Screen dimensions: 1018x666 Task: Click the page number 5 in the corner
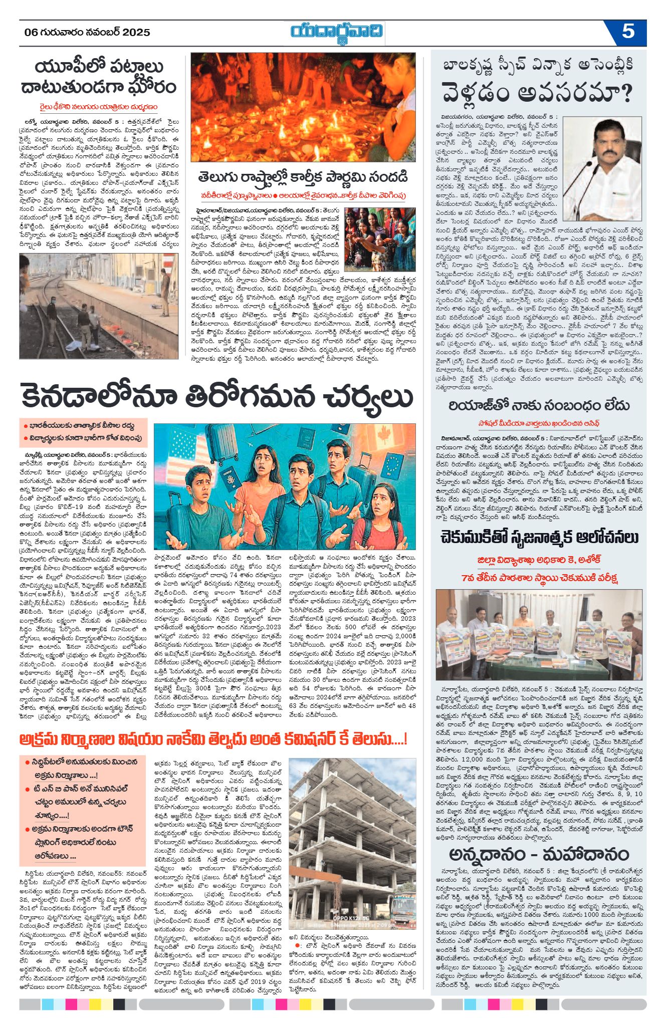[628, 32]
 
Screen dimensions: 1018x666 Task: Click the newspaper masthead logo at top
[337, 33]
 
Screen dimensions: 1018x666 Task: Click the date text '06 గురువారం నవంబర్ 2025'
[88, 33]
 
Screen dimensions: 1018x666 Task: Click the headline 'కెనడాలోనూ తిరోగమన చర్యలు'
[217, 396]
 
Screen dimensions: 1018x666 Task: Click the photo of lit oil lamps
[303, 107]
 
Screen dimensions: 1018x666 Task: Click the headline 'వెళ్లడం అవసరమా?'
[537, 93]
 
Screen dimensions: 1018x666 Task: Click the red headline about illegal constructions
[212, 739]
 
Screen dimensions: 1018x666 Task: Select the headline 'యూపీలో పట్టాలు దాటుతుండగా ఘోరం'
[99, 77]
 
